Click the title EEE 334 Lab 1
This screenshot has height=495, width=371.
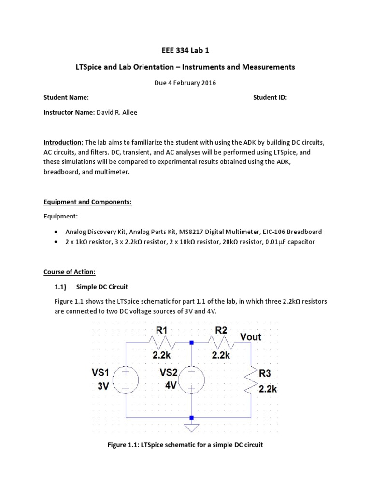point(185,50)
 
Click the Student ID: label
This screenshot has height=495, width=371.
point(270,97)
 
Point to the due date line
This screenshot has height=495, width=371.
point(185,82)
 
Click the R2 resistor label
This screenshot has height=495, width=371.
point(221,331)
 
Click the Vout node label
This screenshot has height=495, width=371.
point(250,337)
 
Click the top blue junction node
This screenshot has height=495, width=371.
point(192,343)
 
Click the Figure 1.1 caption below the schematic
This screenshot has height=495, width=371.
point(185,445)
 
